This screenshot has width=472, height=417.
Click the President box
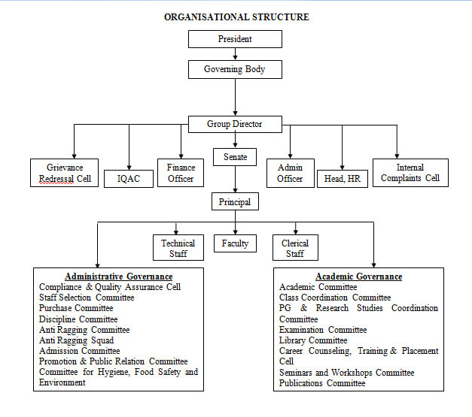(x=235, y=39)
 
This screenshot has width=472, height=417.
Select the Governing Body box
(x=235, y=69)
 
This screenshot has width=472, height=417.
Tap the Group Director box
(x=235, y=124)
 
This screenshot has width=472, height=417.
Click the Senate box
(x=235, y=157)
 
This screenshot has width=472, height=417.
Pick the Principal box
(x=235, y=201)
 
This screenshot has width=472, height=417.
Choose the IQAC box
(x=129, y=179)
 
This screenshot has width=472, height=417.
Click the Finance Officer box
(x=181, y=173)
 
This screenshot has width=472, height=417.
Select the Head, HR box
(x=343, y=179)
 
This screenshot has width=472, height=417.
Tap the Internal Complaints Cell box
(x=410, y=173)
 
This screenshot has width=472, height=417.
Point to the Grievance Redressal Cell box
(x=65, y=173)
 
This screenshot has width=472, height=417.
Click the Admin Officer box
(x=291, y=173)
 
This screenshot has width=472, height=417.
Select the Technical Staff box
(x=178, y=247)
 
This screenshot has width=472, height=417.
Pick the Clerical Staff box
(x=295, y=247)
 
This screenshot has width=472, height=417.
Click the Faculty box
(x=235, y=243)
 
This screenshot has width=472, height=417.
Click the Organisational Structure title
(x=236, y=17)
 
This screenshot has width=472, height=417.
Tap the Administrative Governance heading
(x=119, y=276)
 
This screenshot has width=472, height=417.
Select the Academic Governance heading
(x=359, y=276)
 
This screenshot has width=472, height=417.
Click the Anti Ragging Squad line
(x=77, y=340)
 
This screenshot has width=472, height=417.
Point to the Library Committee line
(x=313, y=340)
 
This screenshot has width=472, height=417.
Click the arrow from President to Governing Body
(x=235, y=54)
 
